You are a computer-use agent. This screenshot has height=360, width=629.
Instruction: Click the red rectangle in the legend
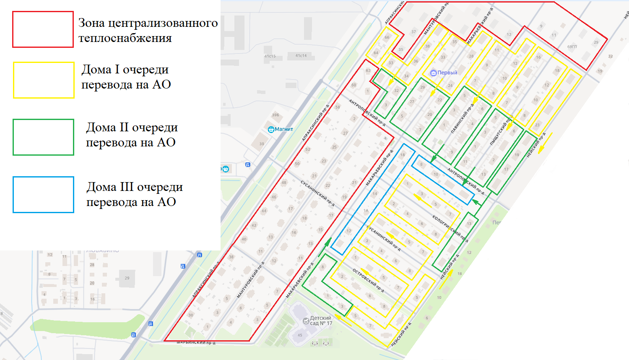43,29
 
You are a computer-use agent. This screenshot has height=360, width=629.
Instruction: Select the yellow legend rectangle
44,80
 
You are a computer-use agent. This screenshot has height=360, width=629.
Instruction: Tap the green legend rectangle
43,137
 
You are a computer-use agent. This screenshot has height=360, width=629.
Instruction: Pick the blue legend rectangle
43,195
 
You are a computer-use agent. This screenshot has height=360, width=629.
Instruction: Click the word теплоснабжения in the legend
125,38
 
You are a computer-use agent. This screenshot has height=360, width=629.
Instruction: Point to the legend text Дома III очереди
135,187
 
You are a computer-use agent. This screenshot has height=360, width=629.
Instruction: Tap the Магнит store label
284,129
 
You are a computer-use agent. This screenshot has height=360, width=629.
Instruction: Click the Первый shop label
447,73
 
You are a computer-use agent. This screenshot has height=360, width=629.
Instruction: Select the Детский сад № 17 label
321,321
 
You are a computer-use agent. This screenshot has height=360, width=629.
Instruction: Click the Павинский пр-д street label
462,118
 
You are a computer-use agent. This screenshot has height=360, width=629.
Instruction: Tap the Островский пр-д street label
368,280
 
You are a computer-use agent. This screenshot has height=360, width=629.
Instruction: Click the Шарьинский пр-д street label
196,343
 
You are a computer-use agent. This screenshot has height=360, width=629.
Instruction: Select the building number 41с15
270,56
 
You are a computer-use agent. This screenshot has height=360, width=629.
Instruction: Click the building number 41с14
301,55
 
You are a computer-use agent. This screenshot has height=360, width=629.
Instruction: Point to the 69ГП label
572,47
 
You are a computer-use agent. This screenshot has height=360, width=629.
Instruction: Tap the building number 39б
275,115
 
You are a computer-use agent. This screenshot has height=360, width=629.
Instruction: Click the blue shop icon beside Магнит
271,129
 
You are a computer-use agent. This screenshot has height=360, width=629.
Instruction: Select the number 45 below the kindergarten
300,335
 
